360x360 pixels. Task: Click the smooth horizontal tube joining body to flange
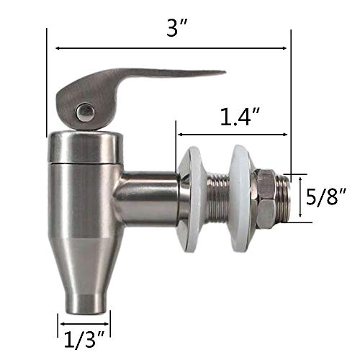tap(148, 196)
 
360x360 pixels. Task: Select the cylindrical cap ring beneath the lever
tap(84, 148)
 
